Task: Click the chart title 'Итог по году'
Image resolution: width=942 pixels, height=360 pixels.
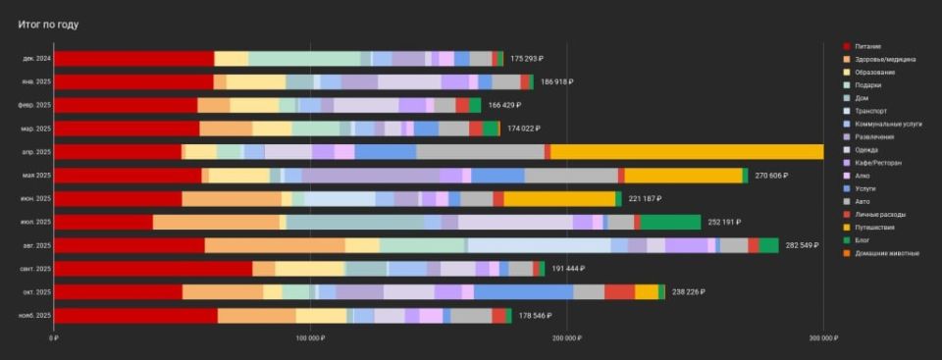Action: [48, 24]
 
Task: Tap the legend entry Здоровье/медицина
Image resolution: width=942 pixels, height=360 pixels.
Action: [885, 59]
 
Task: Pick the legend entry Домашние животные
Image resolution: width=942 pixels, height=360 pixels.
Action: [887, 253]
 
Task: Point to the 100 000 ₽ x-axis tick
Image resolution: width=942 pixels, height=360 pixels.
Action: [309, 338]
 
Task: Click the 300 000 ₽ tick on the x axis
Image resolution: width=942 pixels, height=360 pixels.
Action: [822, 338]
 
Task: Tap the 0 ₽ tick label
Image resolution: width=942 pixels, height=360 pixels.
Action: [54, 338]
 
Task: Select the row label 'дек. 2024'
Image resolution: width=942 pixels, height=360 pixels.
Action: [36, 59]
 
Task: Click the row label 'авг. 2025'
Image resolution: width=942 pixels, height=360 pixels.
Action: [37, 245]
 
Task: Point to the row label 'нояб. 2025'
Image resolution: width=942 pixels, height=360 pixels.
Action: [35, 315]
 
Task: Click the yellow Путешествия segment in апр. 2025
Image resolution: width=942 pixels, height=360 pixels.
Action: [687, 152]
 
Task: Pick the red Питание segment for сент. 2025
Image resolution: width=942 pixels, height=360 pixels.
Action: [153, 269]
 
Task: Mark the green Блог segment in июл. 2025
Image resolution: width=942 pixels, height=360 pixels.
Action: [670, 222]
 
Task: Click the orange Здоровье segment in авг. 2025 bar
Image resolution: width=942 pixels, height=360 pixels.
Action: [275, 245]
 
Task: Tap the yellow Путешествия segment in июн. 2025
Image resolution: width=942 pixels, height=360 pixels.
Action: [559, 199]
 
